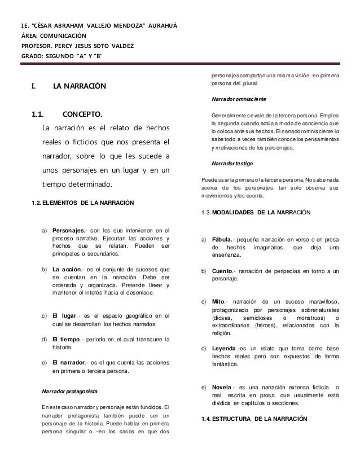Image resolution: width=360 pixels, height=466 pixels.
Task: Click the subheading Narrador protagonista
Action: pyautogui.click(x=70, y=390)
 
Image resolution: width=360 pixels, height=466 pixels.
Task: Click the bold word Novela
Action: pyautogui.click(x=222, y=388)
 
